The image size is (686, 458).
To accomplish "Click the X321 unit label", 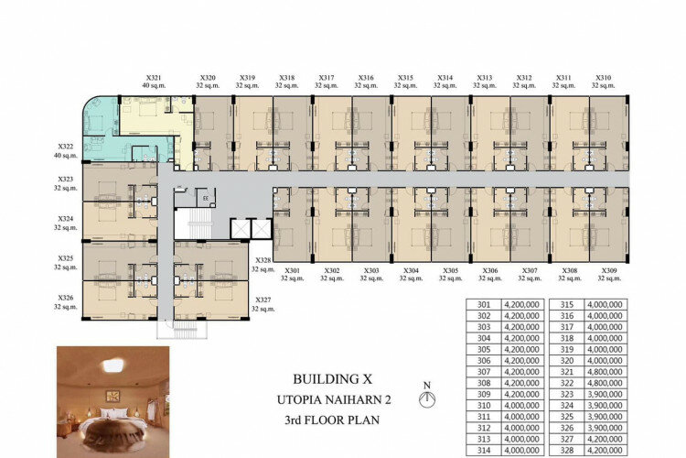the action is [154, 78].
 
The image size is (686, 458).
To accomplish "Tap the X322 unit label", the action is [66, 147].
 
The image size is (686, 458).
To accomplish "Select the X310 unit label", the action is [604, 78].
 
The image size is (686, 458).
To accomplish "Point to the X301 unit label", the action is [293, 271].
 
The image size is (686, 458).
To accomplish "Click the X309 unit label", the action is [609, 271].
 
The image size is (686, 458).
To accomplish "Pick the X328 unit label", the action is [263, 260].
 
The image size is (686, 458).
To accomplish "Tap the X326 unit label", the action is [66, 298].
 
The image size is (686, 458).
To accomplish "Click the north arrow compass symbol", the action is [427, 398].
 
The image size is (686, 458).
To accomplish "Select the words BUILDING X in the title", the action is [333, 379].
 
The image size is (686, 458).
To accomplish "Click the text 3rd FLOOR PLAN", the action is [332, 420].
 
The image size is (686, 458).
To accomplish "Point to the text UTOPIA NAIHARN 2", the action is [334, 399].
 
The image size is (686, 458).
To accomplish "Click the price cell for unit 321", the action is [605, 372].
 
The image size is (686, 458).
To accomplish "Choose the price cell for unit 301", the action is [522, 305].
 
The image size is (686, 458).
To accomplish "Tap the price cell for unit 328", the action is [605, 450].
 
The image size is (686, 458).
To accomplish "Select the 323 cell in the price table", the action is [567, 395].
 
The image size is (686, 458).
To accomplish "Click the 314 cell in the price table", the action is [484, 450].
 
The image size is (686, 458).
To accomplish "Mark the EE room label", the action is [206, 198].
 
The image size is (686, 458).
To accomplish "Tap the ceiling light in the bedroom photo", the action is [113, 365].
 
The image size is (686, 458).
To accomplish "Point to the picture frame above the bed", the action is [113, 397].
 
